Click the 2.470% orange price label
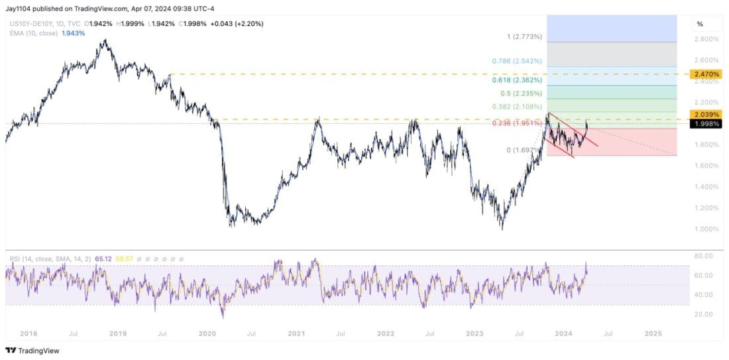pos(706,74)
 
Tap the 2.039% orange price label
pos(706,115)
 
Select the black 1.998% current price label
pos(706,123)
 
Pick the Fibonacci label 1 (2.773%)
pos(524,36)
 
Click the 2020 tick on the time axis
pos(208,333)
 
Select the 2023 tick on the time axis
pos(475,333)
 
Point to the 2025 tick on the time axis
pos(653,333)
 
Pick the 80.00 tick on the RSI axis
pos(704,256)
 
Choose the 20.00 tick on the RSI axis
pos(704,314)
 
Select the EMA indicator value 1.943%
pos(74,32)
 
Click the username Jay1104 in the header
pos(19,9)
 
